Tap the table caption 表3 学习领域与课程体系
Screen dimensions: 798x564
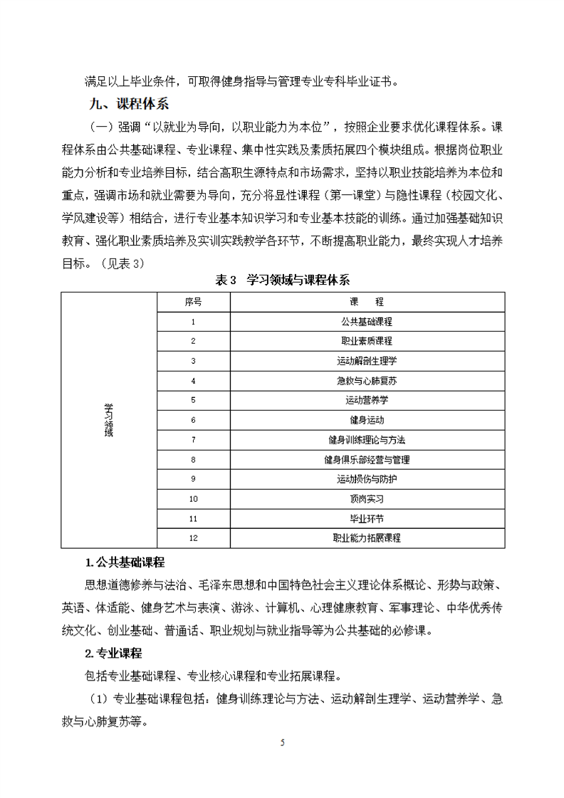[x=283, y=280]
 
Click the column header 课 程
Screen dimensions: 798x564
[x=367, y=301]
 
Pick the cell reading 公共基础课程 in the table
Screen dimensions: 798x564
[x=367, y=321]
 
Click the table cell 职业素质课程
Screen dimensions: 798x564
[x=367, y=341]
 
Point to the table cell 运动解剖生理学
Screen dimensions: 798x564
[x=367, y=361]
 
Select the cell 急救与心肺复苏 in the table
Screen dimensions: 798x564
[x=367, y=381]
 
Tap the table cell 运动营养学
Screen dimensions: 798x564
[x=367, y=400]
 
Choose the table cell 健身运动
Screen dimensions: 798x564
[x=367, y=420]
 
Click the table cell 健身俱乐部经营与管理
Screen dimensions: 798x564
[x=367, y=459]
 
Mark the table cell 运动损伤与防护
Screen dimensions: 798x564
[x=367, y=479]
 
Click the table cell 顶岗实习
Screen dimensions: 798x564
[x=367, y=499]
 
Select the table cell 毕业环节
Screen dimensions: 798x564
[x=367, y=519]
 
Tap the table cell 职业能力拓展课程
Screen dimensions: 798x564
[x=367, y=538]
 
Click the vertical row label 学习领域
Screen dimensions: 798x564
[x=108, y=420]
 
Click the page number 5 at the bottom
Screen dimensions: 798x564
[x=283, y=742]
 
